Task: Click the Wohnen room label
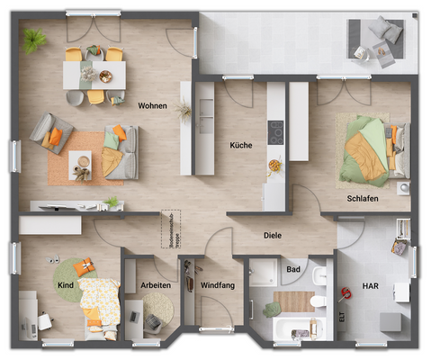(153, 106)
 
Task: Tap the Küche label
(240, 145)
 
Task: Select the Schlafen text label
(361, 197)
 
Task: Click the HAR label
(370, 285)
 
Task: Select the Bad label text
(292, 268)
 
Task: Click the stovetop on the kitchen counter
(276, 130)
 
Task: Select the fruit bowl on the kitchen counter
(274, 165)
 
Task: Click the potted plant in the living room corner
(36, 40)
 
